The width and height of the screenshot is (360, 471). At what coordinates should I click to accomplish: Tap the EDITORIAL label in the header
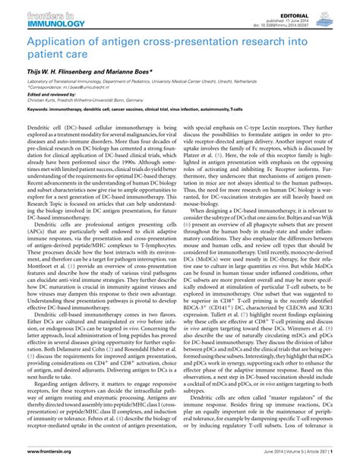333,6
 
